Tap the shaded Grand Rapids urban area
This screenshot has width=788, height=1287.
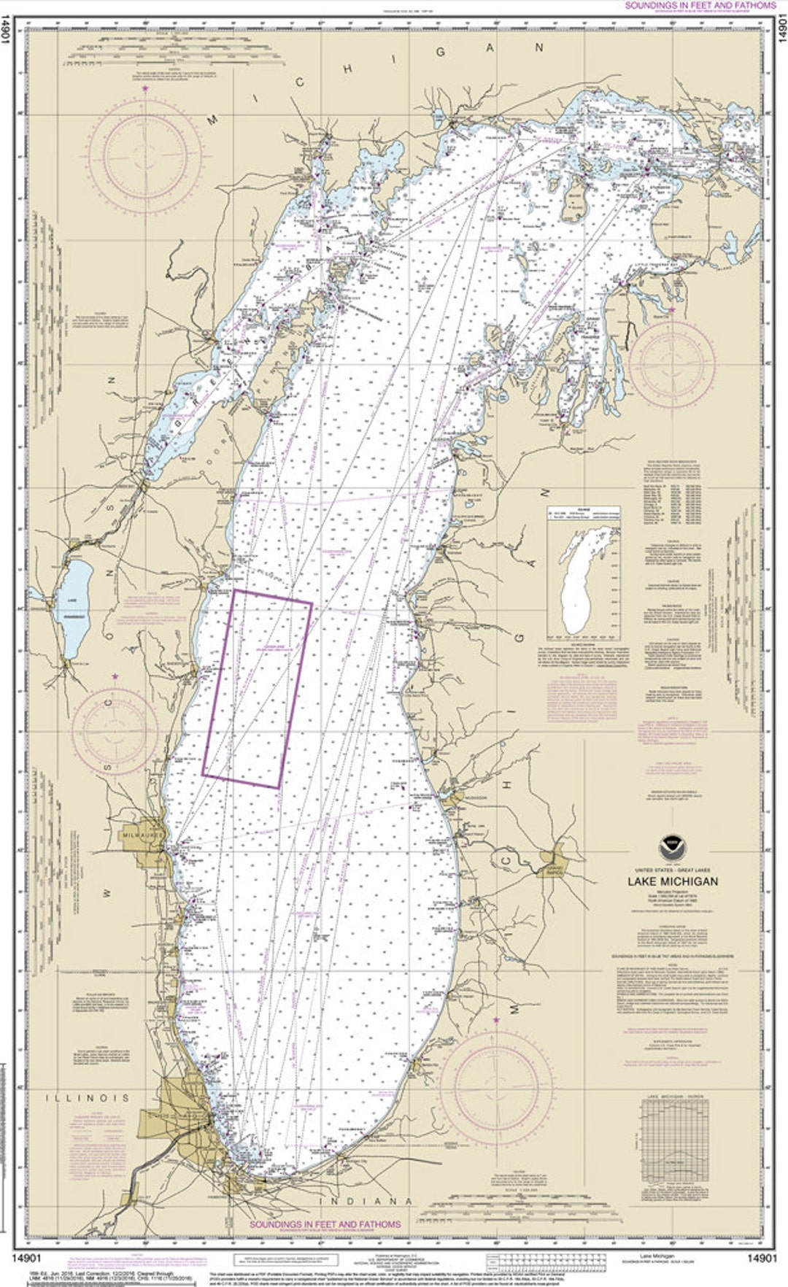pos(555,865)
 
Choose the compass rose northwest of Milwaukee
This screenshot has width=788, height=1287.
pos(115,730)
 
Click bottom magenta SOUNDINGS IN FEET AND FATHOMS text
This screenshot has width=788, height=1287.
pos(325,1224)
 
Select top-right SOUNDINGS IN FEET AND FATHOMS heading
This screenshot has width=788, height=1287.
pos(700,6)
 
